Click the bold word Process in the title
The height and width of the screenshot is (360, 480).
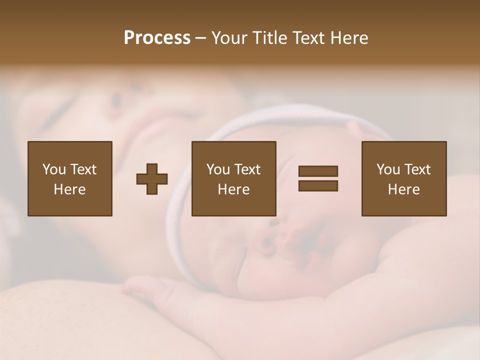coord(157,38)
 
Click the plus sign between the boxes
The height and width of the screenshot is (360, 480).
coord(152,179)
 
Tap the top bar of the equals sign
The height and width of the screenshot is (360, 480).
coord(318,171)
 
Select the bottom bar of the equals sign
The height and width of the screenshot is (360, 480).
coord(318,185)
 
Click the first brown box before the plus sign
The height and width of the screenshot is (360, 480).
coord(70,178)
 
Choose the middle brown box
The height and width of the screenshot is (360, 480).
coord(234,178)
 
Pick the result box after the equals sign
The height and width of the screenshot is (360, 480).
coord(404,178)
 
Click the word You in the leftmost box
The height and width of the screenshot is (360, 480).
coord(53,169)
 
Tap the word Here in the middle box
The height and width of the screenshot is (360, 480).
coord(234,189)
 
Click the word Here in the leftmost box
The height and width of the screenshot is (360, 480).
coord(70,189)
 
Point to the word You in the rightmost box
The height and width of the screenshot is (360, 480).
coord(388,169)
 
